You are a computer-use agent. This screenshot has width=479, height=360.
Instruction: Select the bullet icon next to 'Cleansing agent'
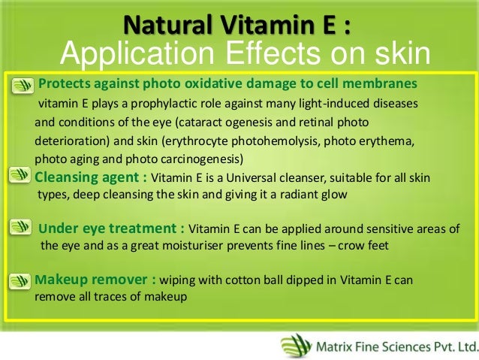(x=23, y=177)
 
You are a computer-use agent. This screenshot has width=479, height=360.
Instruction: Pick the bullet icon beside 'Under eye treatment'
(x=23, y=228)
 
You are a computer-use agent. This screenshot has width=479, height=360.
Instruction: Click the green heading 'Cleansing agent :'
(x=91, y=177)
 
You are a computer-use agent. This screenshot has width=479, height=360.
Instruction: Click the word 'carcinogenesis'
(x=201, y=159)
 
